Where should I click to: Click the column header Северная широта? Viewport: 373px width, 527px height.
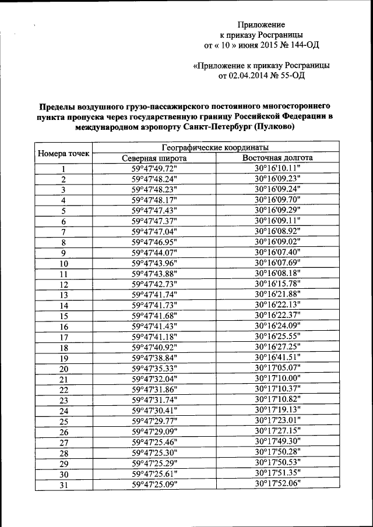(x=154, y=158)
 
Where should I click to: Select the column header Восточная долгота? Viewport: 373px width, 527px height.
(x=277, y=158)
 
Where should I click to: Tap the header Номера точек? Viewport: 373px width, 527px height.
(x=64, y=153)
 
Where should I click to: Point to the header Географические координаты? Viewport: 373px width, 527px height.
(x=216, y=147)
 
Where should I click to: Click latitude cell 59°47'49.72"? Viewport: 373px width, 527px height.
(x=154, y=168)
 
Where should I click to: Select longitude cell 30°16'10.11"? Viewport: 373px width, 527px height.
(x=277, y=168)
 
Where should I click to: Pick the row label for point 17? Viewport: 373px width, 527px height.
(x=64, y=338)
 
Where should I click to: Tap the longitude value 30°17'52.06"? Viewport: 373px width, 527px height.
(x=277, y=483)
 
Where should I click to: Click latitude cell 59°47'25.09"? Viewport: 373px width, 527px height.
(x=154, y=483)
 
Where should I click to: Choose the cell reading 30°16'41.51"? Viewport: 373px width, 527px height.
(x=277, y=358)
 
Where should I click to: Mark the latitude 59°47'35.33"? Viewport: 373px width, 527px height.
(x=154, y=368)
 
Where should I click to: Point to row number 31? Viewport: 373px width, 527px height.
(x=64, y=484)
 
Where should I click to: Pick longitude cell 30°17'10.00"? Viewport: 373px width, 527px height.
(x=277, y=379)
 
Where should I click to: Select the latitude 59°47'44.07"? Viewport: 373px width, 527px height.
(x=154, y=253)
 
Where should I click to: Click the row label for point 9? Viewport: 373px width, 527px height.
(x=64, y=253)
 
